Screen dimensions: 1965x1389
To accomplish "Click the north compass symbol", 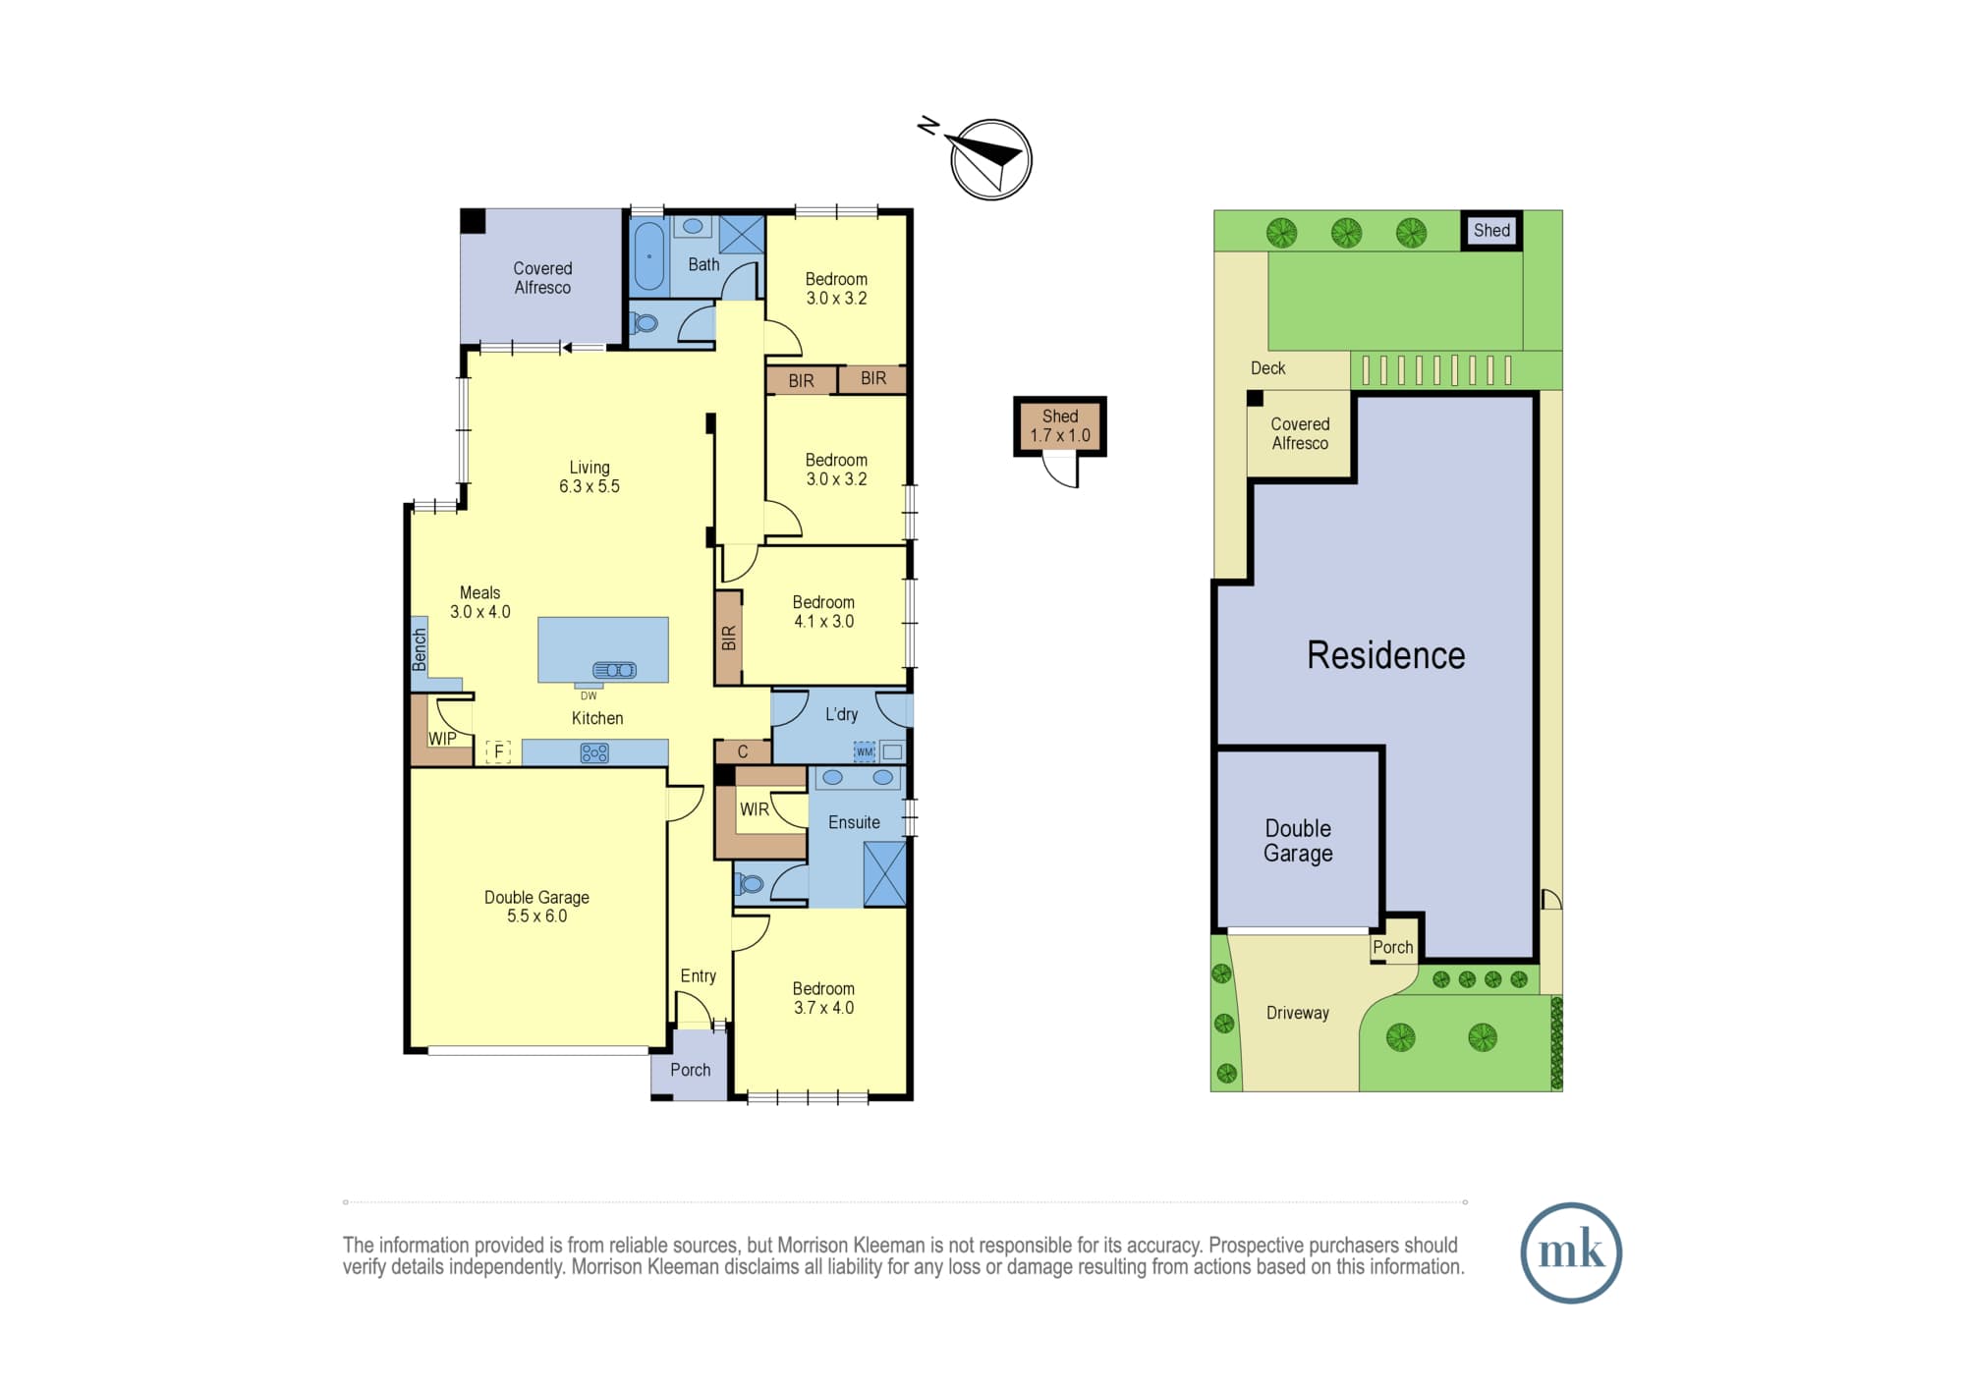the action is [x=990, y=159].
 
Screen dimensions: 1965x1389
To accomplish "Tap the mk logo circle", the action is [x=1570, y=1252].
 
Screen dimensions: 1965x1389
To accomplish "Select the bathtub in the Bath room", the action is [x=648, y=256].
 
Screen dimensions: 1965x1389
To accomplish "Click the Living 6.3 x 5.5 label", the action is [x=589, y=476].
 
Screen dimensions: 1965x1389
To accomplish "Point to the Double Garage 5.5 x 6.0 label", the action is [x=536, y=907].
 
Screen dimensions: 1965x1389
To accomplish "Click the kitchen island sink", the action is [x=614, y=670].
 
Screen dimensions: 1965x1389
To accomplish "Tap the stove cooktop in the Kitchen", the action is [x=594, y=753].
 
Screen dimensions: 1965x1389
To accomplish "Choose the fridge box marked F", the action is [x=498, y=752].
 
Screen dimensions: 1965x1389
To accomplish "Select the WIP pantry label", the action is [x=442, y=739].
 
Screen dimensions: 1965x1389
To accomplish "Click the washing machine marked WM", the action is [x=864, y=751].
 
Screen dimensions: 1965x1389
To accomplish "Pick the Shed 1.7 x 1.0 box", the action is [x=1060, y=426].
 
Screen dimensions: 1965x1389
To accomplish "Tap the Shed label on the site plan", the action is [x=1491, y=230].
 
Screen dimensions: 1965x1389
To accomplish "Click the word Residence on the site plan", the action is [x=1385, y=655].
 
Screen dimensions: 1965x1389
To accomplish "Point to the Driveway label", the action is [x=1297, y=1013].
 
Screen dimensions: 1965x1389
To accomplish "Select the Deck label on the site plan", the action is [x=1267, y=368].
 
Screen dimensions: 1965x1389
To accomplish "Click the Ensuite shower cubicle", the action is [x=884, y=873].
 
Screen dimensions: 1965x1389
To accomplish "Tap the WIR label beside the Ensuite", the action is [x=755, y=809].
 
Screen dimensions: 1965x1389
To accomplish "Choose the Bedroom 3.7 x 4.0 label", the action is [x=823, y=998].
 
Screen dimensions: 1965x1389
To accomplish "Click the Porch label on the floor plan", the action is [x=690, y=1070].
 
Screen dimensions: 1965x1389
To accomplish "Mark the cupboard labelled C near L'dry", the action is [x=743, y=751].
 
